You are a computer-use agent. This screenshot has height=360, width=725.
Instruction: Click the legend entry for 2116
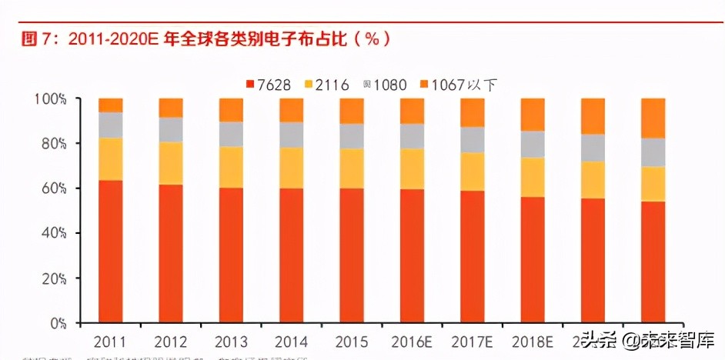click(x=327, y=85)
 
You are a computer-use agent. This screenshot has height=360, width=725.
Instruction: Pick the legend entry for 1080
click(x=385, y=85)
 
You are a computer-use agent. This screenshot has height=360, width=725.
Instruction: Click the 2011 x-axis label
click(x=111, y=341)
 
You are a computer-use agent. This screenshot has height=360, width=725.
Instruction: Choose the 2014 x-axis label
click(x=292, y=341)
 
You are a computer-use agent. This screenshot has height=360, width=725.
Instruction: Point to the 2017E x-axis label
click(x=472, y=341)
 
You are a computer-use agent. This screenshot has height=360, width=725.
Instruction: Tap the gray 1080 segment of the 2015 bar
click(x=352, y=135)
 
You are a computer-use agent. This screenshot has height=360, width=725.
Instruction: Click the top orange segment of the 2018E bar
click(x=533, y=115)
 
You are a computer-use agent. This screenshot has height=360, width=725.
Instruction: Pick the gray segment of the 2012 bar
click(x=171, y=129)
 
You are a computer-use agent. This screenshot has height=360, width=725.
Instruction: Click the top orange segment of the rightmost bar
click(x=653, y=118)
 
